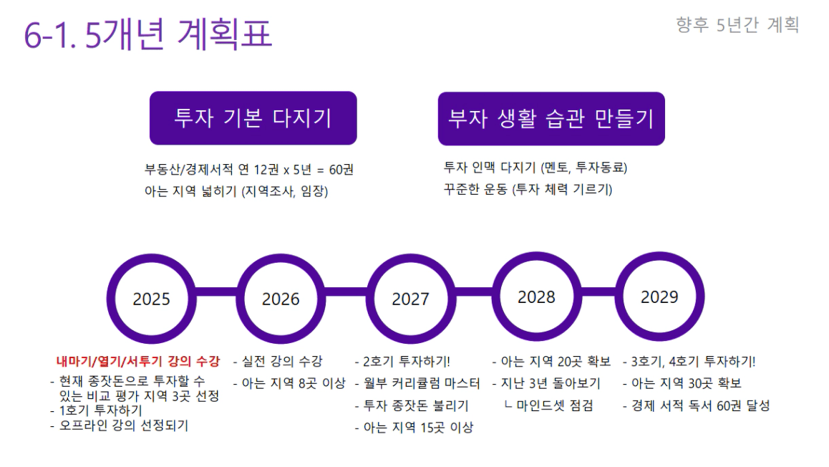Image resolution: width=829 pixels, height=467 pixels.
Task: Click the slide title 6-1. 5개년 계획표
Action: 148,34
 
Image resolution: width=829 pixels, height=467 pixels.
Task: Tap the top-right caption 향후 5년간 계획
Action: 737,25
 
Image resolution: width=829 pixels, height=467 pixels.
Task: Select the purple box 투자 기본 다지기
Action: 253,118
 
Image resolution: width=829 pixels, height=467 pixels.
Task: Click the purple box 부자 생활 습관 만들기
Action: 551,118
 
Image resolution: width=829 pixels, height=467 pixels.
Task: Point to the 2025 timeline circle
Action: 151,299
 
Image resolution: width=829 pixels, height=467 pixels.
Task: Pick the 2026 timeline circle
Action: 281,299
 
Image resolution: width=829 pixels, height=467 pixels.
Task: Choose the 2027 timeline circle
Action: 411,299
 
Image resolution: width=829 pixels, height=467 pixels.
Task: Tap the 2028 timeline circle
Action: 537,297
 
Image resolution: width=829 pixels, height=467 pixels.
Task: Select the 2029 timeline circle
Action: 659,297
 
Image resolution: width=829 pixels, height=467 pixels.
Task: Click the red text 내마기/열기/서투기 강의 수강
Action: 137,361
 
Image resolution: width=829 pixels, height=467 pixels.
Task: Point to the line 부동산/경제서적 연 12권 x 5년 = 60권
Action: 249,169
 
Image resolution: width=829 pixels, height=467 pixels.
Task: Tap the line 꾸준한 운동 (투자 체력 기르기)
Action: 528,189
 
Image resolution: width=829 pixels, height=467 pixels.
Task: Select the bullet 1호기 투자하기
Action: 96,410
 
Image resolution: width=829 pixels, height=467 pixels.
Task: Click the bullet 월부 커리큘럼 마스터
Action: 417,383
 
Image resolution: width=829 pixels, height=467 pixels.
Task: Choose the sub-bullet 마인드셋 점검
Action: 548,405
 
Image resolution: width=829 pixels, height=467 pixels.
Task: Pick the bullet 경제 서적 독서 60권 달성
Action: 697,405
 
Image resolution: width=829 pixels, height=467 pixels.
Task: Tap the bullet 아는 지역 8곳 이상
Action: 289,383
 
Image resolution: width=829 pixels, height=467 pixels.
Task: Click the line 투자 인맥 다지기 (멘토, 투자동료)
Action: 535,168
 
